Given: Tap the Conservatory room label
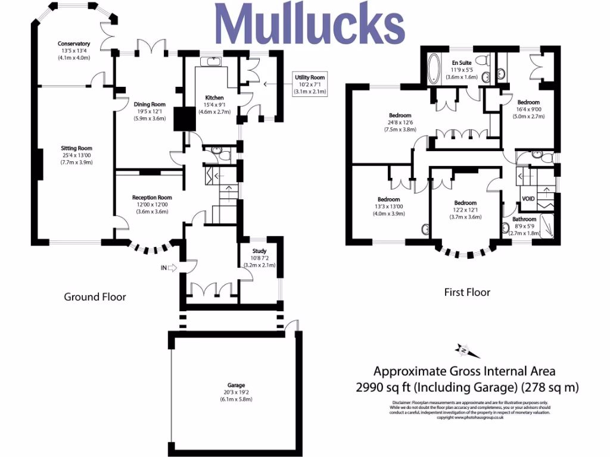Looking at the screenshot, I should (74, 43).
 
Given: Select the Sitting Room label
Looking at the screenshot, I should (76, 148).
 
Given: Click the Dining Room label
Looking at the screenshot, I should (150, 104).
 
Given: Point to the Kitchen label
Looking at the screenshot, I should (214, 98).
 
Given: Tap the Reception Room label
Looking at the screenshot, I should (152, 198).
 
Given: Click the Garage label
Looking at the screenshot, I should (236, 385).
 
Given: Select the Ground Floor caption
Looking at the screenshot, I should (95, 296).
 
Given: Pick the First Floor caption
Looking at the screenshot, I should (467, 292).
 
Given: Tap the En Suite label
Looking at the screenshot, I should (462, 62).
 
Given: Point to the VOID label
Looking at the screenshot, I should (528, 199).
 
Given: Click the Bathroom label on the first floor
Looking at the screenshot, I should (525, 219).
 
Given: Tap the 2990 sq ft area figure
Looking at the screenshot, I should (384, 387).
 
